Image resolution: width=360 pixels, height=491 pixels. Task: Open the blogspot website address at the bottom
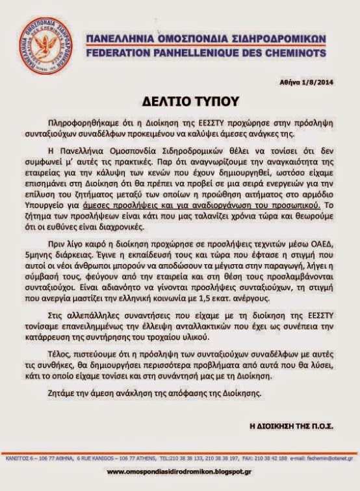[179, 471]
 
